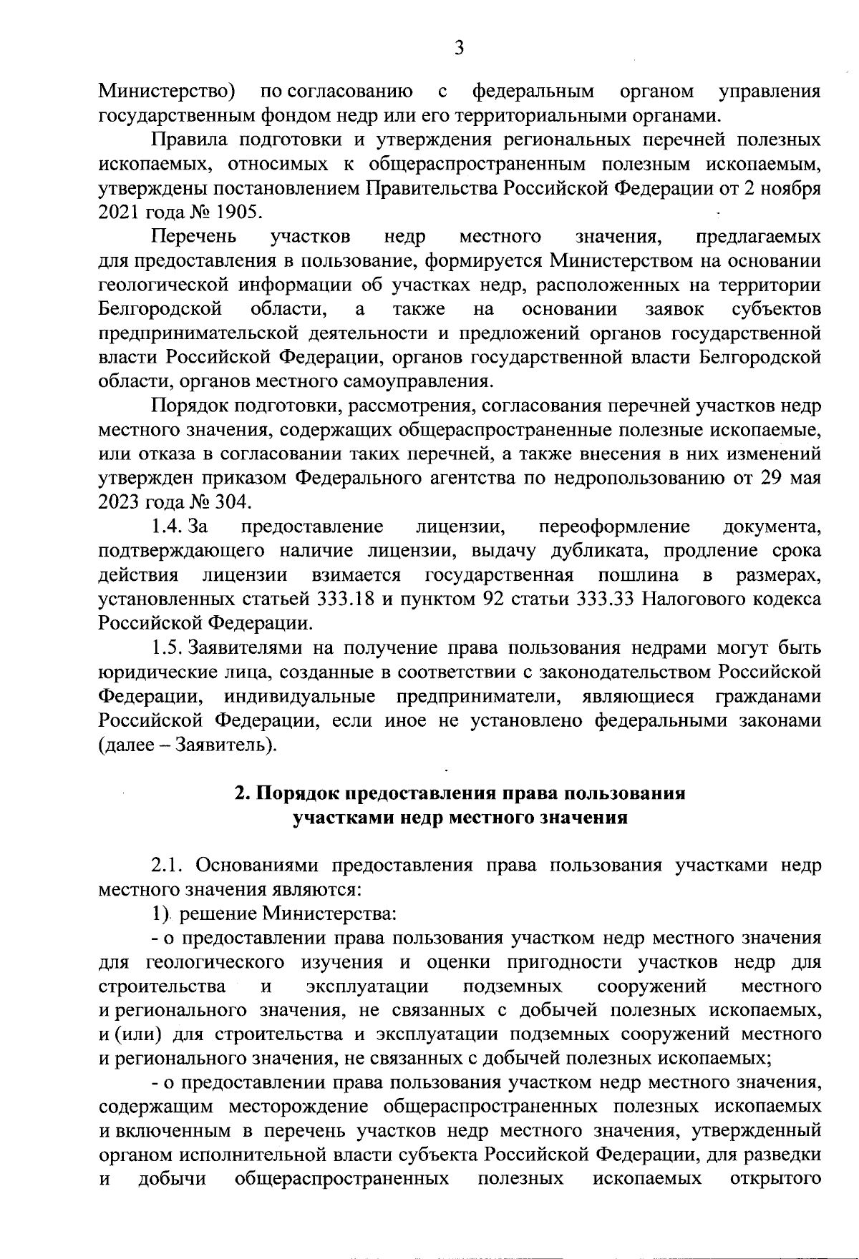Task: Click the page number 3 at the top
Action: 459,48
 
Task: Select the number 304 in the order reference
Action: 232,502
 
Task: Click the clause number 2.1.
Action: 168,866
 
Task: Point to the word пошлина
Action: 639,575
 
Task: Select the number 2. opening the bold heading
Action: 242,794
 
